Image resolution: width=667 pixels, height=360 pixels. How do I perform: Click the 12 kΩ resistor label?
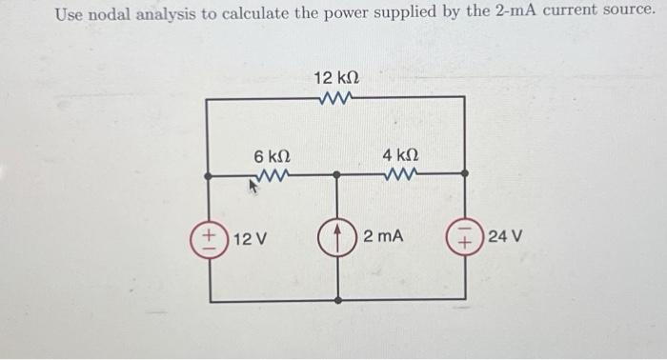coord(336,76)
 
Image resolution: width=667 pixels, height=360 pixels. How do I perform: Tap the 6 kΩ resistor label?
coord(272,154)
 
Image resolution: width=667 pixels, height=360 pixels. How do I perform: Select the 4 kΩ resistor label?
coord(400,154)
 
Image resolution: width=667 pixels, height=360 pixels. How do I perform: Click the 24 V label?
coord(505,235)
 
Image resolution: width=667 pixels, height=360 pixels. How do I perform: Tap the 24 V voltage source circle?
coord(466,235)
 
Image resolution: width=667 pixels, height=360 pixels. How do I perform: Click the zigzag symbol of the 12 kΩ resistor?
coord(337,96)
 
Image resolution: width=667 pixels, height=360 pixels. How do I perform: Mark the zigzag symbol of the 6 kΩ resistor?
coord(272,174)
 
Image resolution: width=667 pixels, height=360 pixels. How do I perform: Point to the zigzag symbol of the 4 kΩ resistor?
coord(400,174)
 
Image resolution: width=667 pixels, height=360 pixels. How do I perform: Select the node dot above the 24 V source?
coord(466,175)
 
